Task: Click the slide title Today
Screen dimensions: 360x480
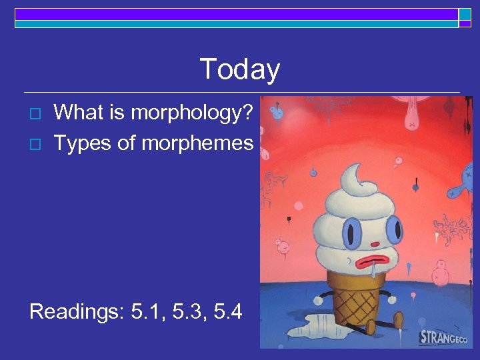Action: point(239,69)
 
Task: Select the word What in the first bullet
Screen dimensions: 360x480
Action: point(77,113)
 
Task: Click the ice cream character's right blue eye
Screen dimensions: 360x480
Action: point(393,230)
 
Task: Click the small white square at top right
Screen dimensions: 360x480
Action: point(465,14)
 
